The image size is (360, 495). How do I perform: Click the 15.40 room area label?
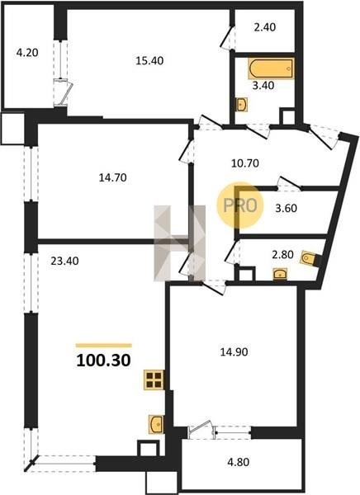click(x=149, y=60)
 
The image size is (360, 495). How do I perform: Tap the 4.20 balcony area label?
click(x=27, y=53)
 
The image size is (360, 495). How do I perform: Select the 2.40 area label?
click(x=264, y=27)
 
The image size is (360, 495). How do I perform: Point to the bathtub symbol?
click(x=271, y=68)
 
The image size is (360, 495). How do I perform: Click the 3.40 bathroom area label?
click(x=263, y=85)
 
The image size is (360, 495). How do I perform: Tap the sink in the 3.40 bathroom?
click(x=242, y=104)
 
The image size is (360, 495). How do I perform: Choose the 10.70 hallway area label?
click(x=245, y=163)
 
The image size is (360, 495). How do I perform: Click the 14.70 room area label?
click(x=113, y=177)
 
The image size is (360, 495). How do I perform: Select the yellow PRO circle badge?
click(x=240, y=205)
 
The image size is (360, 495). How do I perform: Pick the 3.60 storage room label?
click(x=286, y=209)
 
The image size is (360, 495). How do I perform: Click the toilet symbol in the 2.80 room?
click(x=310, y=259)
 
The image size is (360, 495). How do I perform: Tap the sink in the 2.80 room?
click(x=280, y=274)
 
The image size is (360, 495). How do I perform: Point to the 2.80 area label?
click(x=283, y=254)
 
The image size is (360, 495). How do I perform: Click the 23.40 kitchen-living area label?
click(x=64, y=261)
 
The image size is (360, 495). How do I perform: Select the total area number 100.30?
click(x=103, y=361)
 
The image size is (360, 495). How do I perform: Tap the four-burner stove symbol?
click(x=154, y=379)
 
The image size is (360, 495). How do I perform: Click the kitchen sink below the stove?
click(x=156, y=424)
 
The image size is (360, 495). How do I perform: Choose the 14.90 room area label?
click(x=234, y=352)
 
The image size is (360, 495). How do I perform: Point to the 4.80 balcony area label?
click(x=239, y=462)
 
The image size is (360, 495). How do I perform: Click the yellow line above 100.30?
click(x=104, y=346)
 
